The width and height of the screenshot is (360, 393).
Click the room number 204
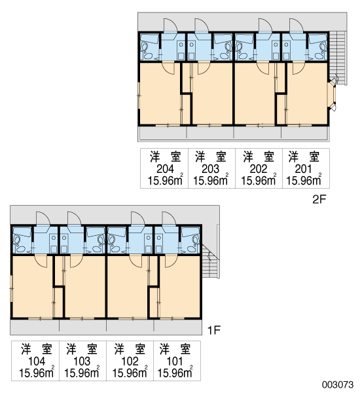pyautogui.click(x=165, y=169)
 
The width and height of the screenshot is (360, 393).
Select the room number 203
pyautogui.click(x=211, y=169)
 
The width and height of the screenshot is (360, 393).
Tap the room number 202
pyautogui.click(x=259, y=169)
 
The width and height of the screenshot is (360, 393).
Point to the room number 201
pyautogui.click(x=303, y=169)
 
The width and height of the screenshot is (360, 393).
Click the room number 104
pyautogui.click(x=37, y=362)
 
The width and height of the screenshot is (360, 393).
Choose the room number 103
pyautogui.click(x=82, y=362)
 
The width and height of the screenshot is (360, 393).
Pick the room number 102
pyautogui.click(x=130, y=362)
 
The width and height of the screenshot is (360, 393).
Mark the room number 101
pyautogui.click(x=175, y=362)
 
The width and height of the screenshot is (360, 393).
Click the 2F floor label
pyautogui.click(x=319, y=200)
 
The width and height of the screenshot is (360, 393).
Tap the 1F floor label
pyautogui.click(x=213, y=331)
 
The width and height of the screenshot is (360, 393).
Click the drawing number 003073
pyautogui.click(x=338, y=384)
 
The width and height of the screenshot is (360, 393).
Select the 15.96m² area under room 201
pyautogui.click(x=304, y=180)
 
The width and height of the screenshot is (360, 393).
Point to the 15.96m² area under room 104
pyautogui.click(x=37, y=373)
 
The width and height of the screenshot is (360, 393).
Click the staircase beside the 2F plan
pyautogui.click(x=338, y=58)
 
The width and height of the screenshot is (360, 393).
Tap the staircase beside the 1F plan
pyautogui.click(x=211, y=261)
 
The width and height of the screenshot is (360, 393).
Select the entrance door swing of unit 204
pyautogui.click(x=170, y=26)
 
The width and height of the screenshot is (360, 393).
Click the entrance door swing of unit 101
pyautogui.click(x=169, y=219)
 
